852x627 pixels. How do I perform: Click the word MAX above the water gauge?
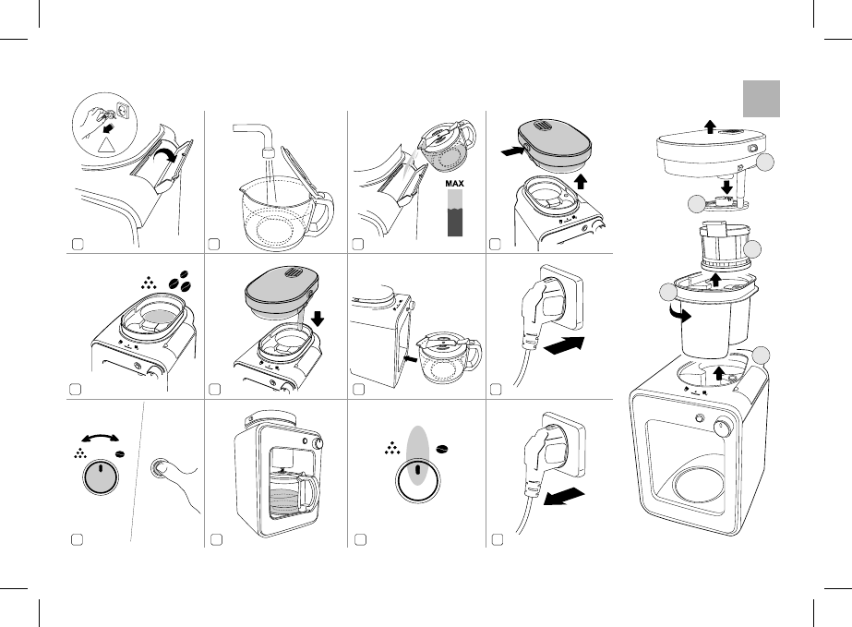pyautogui.click(x=455, y=184)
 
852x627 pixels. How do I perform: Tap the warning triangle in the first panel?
pyautogui.click(x=107, y=144)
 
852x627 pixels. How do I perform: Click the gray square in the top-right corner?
pyautogui.click(x=762, y=99)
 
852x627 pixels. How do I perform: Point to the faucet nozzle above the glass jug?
pyautogui.click(x=267, y=151)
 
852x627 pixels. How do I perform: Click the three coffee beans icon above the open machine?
pyautogui.click(x=181, y=279)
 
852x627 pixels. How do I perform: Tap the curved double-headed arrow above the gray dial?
pyautogui.click(x=100, y=437)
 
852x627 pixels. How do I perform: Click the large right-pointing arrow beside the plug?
pyautogui.click(x=564, y=346)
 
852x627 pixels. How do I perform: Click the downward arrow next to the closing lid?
pyautogui.click(x=318, y=319)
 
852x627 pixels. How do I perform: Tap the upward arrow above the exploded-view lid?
pyautogui.click(x=710, y=127)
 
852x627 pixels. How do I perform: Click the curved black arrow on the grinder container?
pyautogui.click(x=679, y=314)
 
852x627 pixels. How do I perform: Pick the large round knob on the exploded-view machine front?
pyautogui.click(x=723, y=427)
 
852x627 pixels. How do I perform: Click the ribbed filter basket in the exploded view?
pyautogui.click(x=725, y=247)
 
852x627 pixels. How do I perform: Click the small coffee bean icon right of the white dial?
pyautogui.click(x=442, y=449)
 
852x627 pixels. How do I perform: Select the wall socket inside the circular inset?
pyautogui.click(x=123, y=112)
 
